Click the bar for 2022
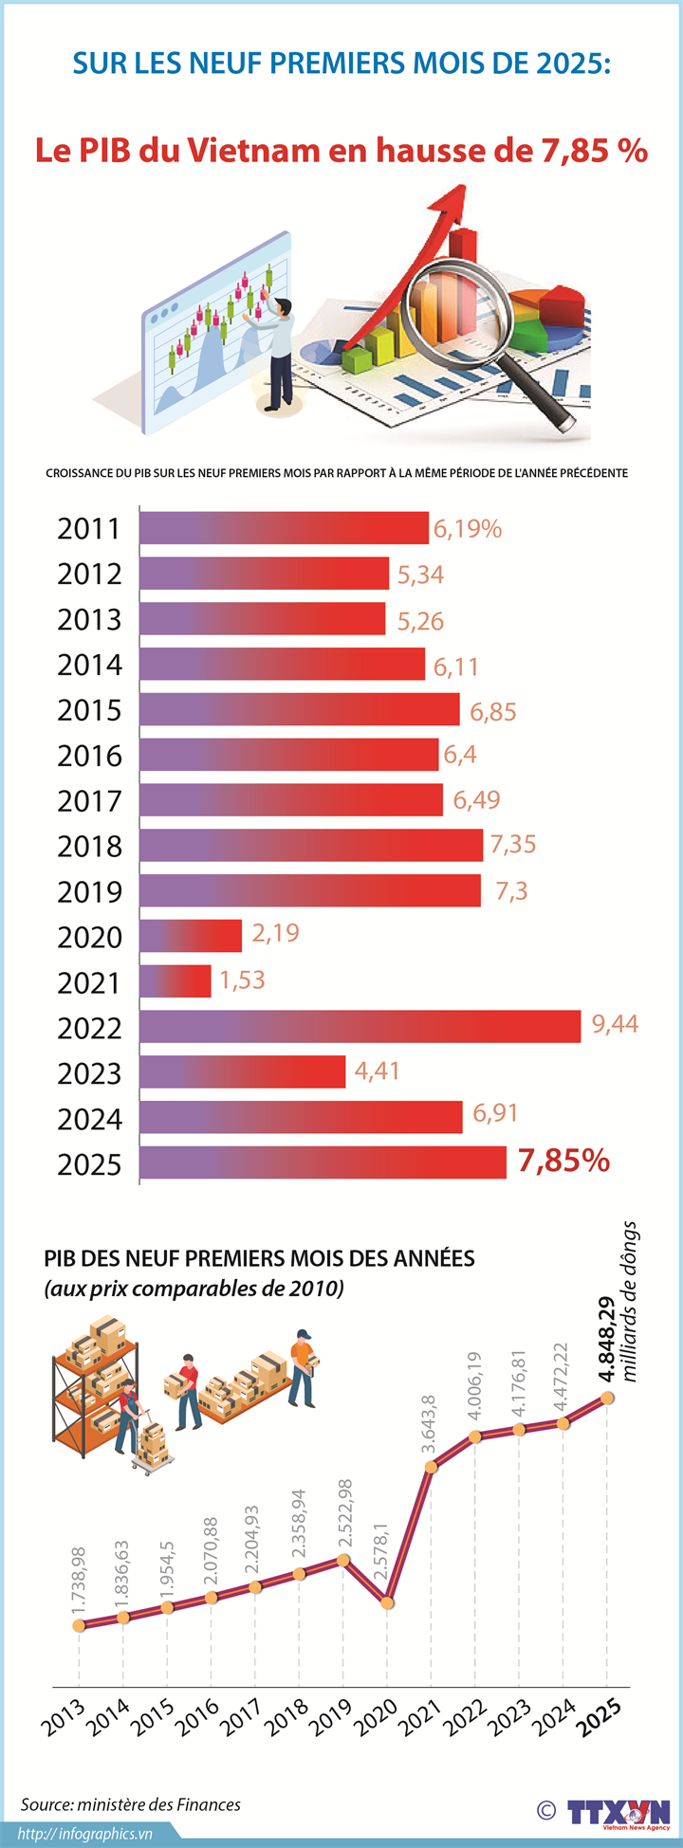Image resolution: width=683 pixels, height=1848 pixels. point(360,1026)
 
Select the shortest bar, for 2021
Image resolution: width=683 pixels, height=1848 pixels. point(175,980)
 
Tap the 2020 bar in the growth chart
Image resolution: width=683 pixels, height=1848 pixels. point(191,935)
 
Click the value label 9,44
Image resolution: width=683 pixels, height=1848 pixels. point(615,1023)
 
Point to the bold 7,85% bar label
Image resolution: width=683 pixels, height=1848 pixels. point(563,1160)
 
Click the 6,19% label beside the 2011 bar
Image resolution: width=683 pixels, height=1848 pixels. point(467,529)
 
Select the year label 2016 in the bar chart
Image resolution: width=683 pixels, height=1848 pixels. point(90,756)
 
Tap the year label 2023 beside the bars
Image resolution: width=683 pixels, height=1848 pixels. point(90,1073)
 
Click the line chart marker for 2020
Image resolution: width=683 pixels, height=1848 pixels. point(387,1602)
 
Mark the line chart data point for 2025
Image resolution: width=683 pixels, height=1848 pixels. point(607,1398)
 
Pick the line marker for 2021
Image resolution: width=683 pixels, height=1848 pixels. point(431,1467)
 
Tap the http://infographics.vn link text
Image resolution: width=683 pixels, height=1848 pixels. point(85,1834)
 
